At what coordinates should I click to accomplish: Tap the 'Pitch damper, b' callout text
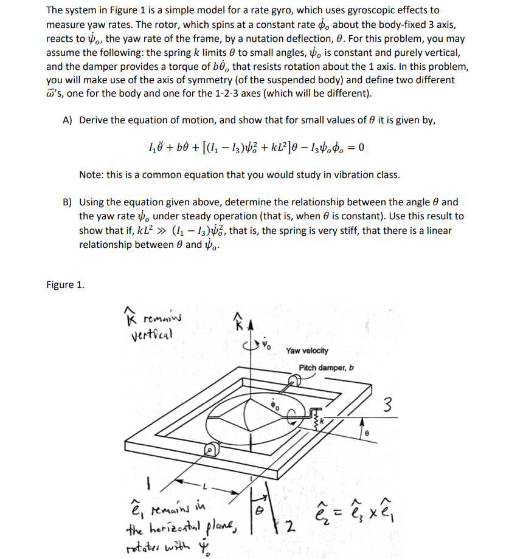326,368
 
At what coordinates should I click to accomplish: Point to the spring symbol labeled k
316,420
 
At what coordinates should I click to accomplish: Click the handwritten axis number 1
147,487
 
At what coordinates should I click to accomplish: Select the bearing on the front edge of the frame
209,451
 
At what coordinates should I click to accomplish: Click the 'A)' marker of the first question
68,120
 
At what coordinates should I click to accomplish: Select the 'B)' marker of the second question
68,202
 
